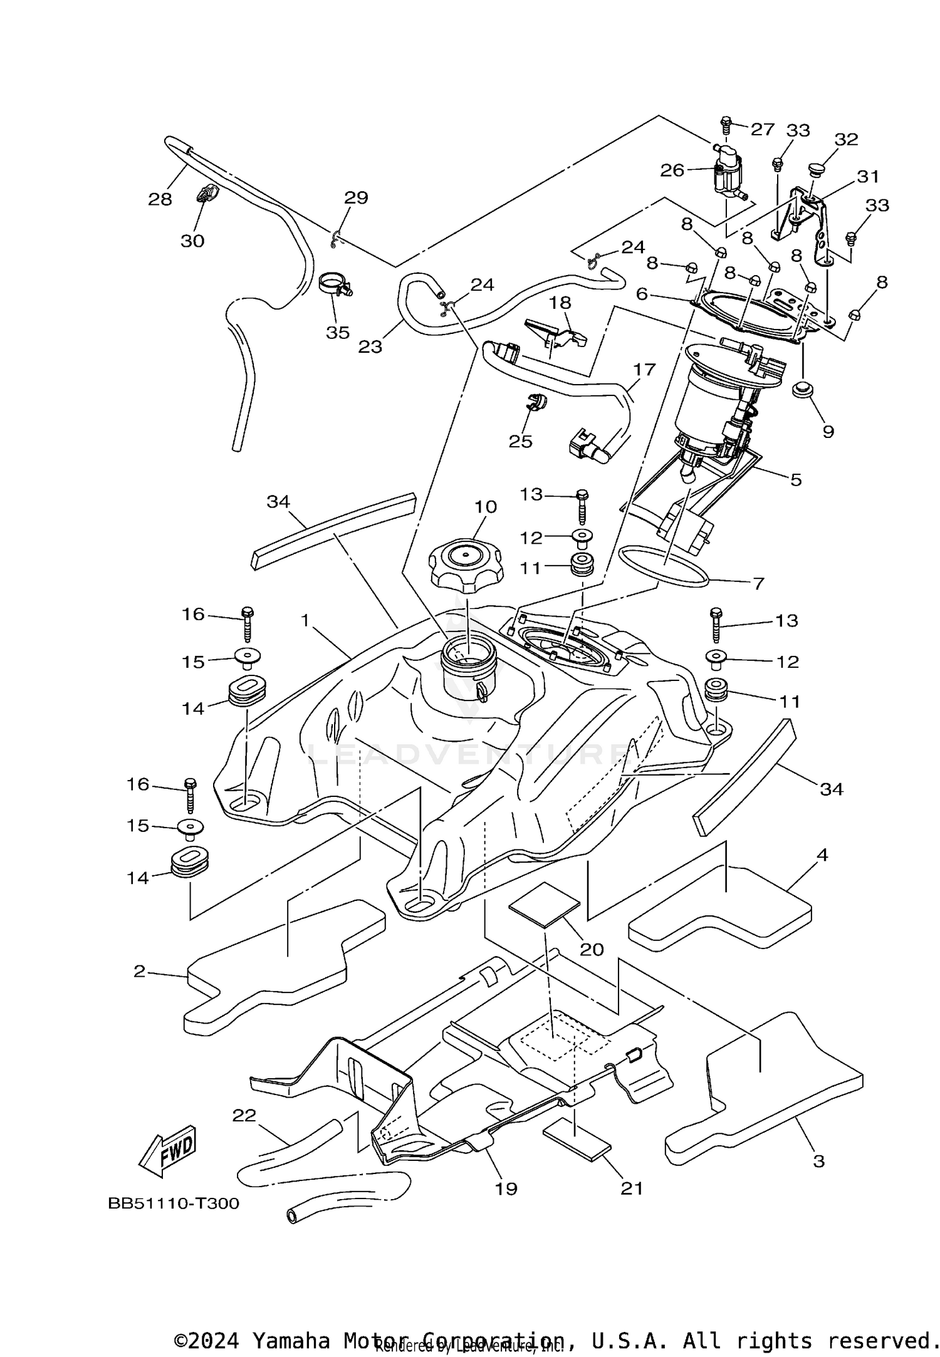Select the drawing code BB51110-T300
174,1204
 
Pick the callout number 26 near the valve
672,170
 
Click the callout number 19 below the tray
506,1188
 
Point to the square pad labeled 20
544,904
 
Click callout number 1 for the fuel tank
305,620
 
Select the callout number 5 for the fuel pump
795,480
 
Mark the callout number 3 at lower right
818,1161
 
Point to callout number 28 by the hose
160,199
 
